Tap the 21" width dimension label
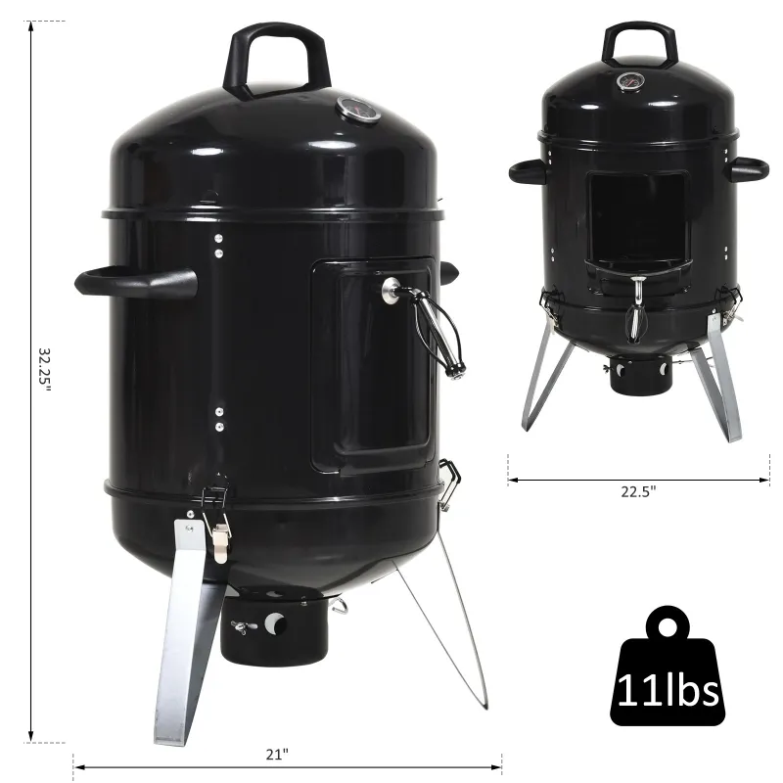click(277, 754)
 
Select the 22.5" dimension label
click(637, 492)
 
